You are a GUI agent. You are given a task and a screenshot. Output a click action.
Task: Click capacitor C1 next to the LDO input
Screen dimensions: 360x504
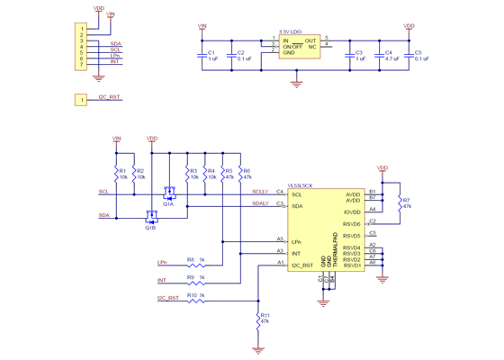(x=201, y=56)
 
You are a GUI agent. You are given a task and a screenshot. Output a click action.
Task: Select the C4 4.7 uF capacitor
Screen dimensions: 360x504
(x=379, y=56)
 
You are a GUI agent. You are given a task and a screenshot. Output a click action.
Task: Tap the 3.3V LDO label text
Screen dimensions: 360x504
(x=291, y=31)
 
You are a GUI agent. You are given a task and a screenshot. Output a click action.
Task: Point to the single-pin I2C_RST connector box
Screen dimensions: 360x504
(x=82, y=100)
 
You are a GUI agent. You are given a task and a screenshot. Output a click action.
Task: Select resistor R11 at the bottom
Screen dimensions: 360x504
(x=258, y=319)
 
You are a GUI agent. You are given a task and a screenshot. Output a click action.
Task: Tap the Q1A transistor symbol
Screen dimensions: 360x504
(x=168, y=193)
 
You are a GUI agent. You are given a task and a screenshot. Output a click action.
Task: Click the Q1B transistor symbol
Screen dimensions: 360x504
(x=150, y=215)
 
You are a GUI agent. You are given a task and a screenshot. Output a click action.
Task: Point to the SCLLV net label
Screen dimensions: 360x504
(x=259, y=191)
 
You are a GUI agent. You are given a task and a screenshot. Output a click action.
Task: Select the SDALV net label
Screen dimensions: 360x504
(x=259, y=202)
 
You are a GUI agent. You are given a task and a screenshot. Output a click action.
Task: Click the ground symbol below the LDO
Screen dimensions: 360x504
(x=296, y=83)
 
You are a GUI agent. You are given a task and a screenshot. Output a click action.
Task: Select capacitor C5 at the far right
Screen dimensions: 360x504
(x=409, y=56)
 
